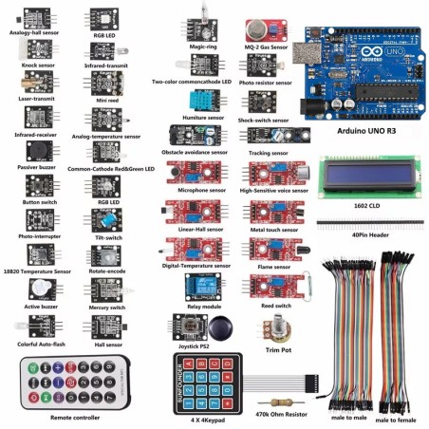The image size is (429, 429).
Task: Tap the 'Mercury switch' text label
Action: tap(104, 307)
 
